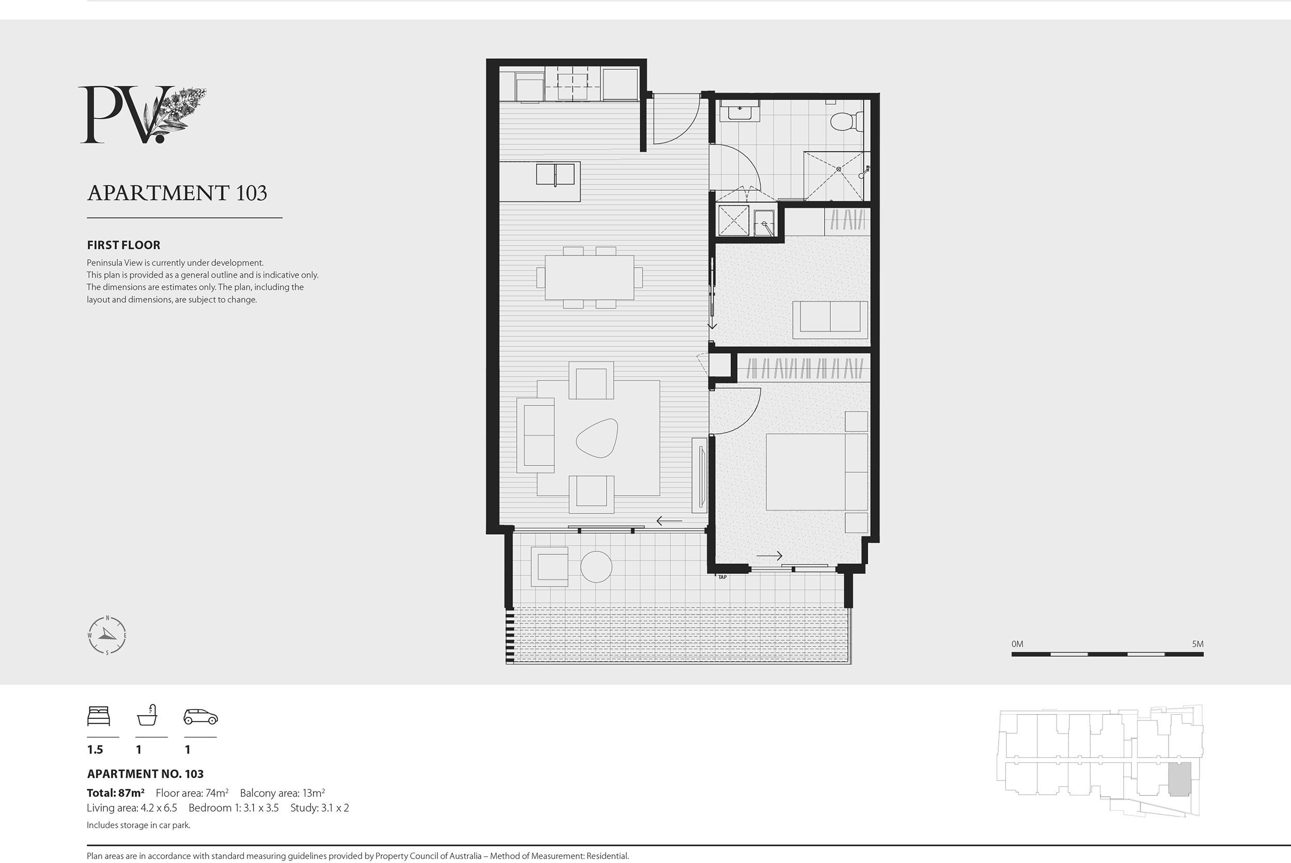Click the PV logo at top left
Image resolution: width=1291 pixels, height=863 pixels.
coord(142,115)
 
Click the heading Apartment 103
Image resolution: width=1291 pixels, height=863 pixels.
coord(177,193)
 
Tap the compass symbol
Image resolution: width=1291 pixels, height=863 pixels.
coord(107,636)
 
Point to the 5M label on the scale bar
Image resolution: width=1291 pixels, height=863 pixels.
coord(1198,644)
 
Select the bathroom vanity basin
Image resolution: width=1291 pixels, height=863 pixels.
coord(740,111)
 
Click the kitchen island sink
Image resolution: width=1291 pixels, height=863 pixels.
coord(555,175)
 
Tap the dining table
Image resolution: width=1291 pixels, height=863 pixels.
coord(589,277)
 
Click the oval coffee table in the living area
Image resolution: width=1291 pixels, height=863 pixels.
coord(596,437)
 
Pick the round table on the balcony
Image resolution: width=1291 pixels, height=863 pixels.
coord(596,567)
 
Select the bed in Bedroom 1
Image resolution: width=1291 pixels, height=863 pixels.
coord(816,472)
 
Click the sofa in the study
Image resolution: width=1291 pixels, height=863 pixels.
coord(830,320)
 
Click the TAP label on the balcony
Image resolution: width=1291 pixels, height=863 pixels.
coord(722,577)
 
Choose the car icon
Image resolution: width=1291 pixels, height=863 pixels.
coord(200,717)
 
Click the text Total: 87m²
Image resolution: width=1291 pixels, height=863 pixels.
coord(116,793)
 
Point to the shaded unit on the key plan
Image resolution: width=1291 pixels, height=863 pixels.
coord(1180,779)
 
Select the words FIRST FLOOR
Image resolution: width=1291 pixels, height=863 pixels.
coord(124,245)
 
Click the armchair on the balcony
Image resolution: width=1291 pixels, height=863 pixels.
coord(549,567)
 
